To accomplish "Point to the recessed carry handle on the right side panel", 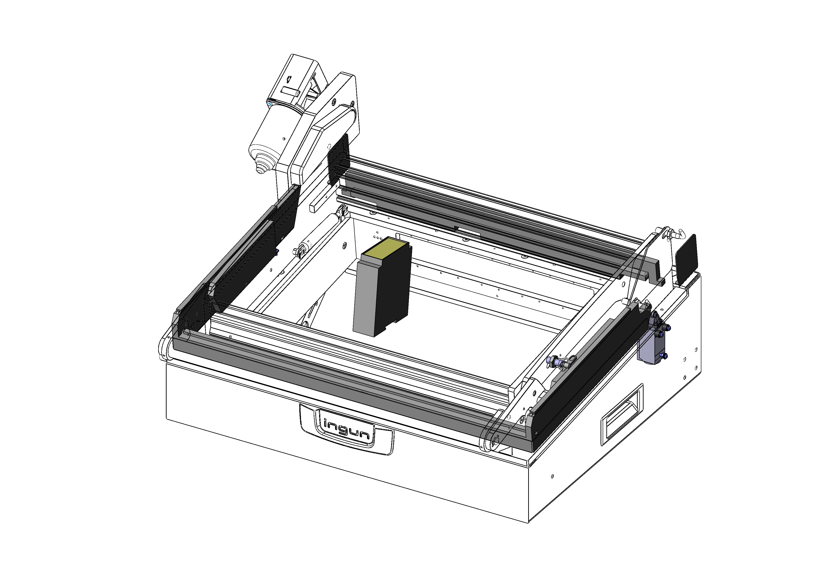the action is [x=622, y=415].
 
